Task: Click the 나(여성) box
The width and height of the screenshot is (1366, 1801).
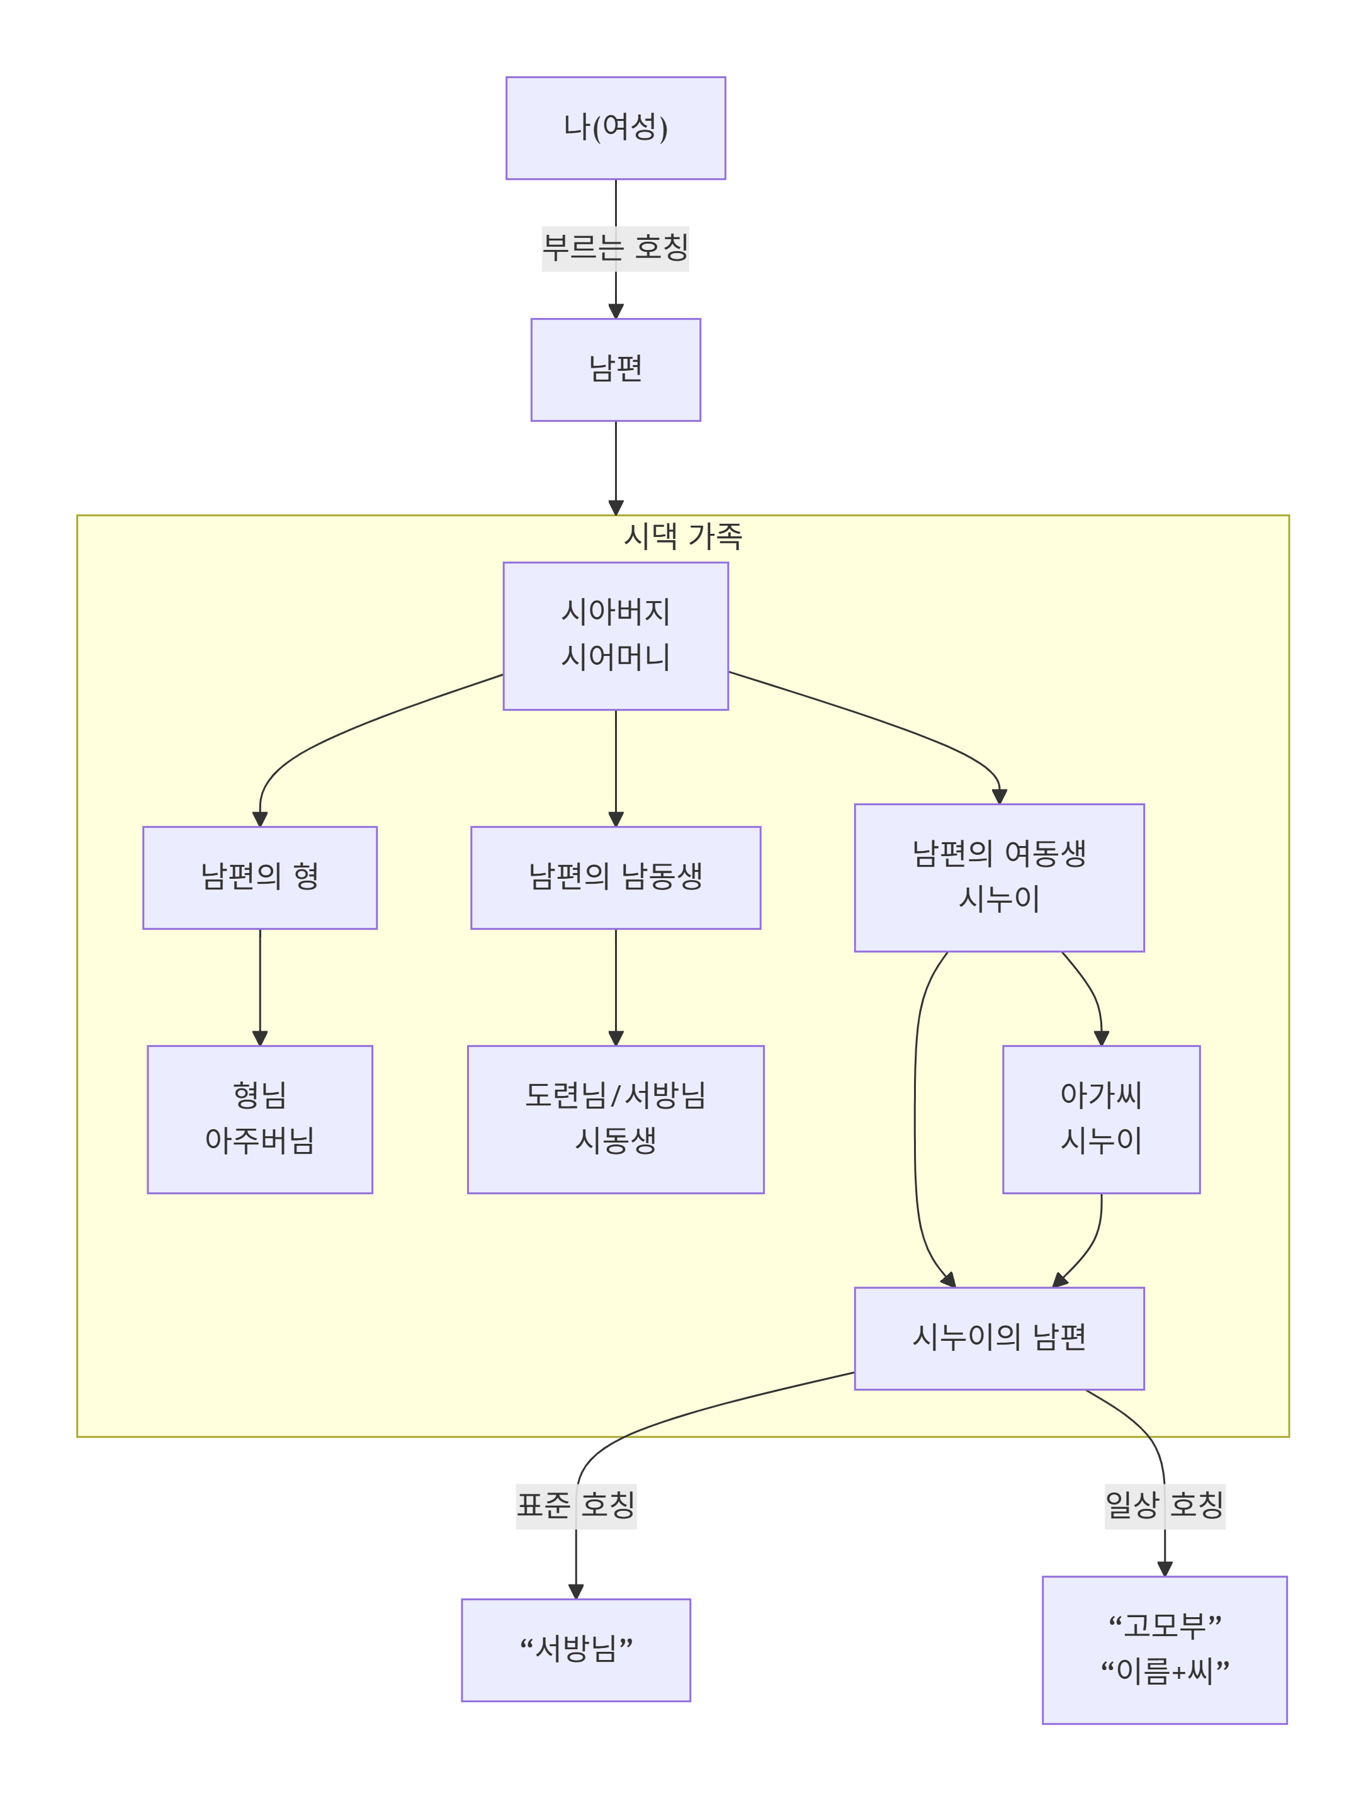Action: pyautogui.click(x=616, y=128)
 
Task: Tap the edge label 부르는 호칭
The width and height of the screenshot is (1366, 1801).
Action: pyautogui.click(x=616, y=247)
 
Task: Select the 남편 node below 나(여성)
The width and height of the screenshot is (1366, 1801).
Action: pyautogui.click(x=616, y=369)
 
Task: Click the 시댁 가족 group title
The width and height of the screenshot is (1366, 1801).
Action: pyautogui.click(x=682, y=536)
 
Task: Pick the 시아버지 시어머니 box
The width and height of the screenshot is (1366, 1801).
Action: pyautogui.click(x=616, y=635)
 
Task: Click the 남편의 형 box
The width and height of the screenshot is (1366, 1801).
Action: pyautogui.click(x=260, y=877)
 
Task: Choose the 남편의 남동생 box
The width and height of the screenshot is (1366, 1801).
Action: pyautogui.click(x=616, y=877)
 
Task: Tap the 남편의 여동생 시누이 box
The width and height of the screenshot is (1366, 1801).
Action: pyautogui.click(x=999, y=877)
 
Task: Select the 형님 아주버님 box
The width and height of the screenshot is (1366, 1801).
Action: pyautogui.click(x=260, y=1119)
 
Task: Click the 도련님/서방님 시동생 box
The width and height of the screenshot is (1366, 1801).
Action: pyautogui.click(x=616, y=1119)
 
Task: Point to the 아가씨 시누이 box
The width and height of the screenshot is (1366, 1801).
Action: pyautogui.click(x=1100, y=1119)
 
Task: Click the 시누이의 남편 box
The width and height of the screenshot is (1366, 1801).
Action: pyautogui.click(x=999, y=1338)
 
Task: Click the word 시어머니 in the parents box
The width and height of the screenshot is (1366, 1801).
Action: pyautogui.click(x=616, y=657)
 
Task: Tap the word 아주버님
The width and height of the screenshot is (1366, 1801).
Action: pyautogui.click(x=260, y=1141)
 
